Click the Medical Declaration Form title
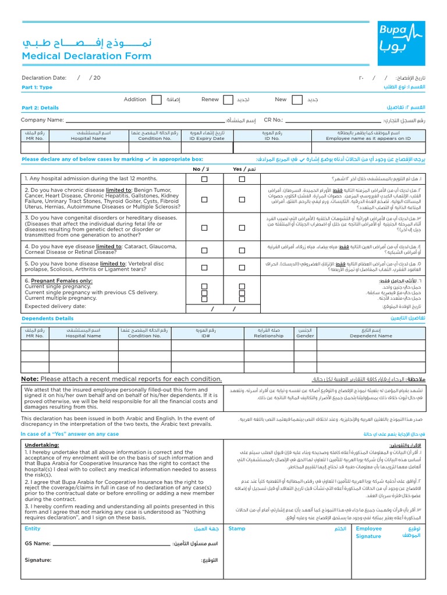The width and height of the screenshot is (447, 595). point(86,56)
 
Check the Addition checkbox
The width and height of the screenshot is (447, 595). point(157,100)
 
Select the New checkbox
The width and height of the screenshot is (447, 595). point(299,100)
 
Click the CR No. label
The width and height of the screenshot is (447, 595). point(273,120)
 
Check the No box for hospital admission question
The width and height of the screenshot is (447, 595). point(204,180)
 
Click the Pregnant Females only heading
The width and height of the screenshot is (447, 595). point(58,281)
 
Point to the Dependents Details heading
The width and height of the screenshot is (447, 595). point(48,318)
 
